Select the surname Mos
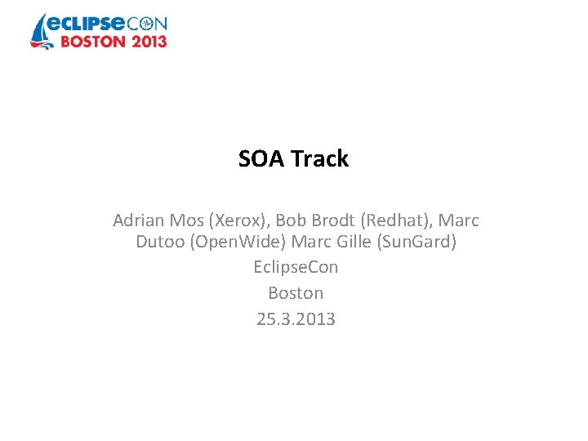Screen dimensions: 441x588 189,220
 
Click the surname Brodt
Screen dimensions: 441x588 332,220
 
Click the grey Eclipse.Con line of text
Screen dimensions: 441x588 296,267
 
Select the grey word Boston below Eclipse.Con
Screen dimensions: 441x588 296,292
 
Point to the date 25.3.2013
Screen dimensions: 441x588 296,318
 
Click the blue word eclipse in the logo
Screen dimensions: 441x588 89,23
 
